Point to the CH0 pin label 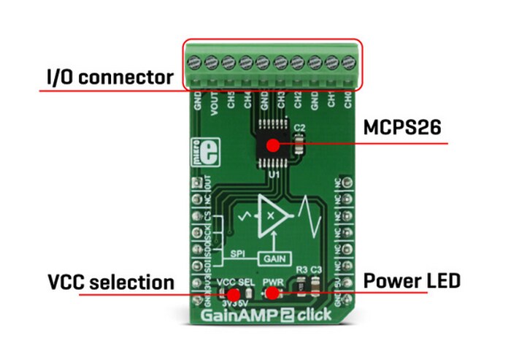coord(347,102)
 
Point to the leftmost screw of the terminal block coord(196,61)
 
